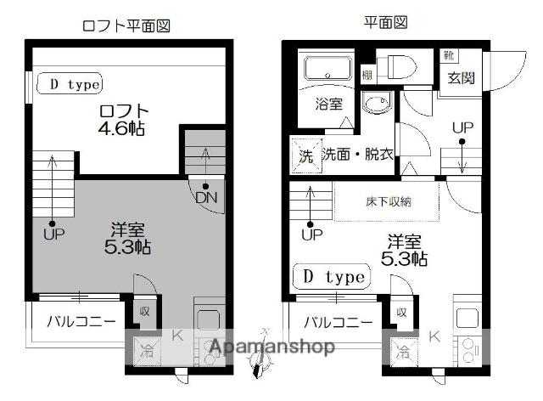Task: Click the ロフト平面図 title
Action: (x=126, y=25)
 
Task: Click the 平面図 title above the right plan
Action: (x=386, y=23)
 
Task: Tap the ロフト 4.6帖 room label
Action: (x=124, y=120)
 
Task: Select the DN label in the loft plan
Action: (x=205, y=198)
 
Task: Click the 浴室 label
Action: (x=329, y=104)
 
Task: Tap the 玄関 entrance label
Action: (x=462, y=81)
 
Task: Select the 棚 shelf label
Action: (x=367, y=75)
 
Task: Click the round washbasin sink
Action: (x=374, y=104)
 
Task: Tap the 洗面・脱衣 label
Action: (x=357, y=155)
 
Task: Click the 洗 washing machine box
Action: (x=305, y=156)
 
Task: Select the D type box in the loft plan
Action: (x=73, y=84)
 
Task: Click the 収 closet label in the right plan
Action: (x=400, y=312)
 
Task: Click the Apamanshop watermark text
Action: (x=271, y=347)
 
